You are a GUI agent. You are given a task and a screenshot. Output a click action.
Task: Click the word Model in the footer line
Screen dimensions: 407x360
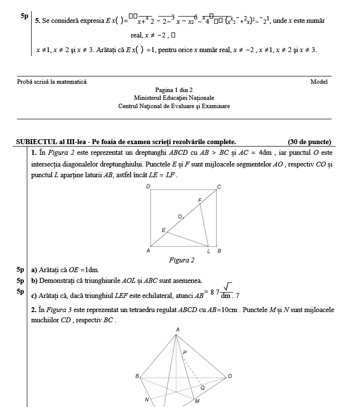click(x=319, y=82)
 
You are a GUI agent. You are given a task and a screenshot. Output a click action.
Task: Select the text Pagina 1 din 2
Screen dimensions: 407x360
click(x=174, y=90)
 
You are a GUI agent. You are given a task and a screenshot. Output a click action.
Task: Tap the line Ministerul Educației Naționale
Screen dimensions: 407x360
click(x=174, y=98)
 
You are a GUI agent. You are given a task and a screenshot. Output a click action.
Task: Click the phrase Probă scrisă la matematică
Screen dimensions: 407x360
click(x=52, y=82)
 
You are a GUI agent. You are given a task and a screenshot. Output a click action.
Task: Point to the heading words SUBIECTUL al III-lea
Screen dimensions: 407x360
click(x=57, y=142)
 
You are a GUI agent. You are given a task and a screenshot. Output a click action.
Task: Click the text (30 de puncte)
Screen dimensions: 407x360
click(x=309, y=142)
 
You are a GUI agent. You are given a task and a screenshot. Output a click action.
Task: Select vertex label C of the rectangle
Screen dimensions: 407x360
click(x=219, y=187)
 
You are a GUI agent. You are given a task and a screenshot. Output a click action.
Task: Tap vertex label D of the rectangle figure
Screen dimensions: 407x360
click(x=148, y=187)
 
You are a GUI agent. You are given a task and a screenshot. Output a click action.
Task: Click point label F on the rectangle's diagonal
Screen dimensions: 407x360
click(x=199, y=200)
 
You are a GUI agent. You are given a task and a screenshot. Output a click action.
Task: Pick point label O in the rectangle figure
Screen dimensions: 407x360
click(x=180, y=216)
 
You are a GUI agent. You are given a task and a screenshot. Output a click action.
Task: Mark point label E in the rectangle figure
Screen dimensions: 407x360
click(x=163, y=229)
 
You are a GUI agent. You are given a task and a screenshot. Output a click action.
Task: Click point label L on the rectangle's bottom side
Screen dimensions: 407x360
click(x=208, y=251)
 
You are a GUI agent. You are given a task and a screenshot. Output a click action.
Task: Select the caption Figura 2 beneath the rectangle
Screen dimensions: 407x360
click(x=181, y=260)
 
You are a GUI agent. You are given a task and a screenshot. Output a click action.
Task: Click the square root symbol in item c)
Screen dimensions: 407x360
click(x=227, y=287)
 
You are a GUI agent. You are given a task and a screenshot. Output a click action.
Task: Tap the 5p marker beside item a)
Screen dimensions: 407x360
click(x=20, y=269)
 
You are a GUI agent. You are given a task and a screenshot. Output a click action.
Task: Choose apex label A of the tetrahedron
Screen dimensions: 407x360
click(x=177, y=330)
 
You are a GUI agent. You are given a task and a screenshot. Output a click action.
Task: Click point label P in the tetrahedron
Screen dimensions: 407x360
click(x=185, y=352)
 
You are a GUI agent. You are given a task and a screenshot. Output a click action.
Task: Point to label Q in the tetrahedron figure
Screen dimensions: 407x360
click(x=203, y=388)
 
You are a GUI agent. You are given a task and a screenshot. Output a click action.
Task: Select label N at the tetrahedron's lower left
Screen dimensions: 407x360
click(x=146, y=399)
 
